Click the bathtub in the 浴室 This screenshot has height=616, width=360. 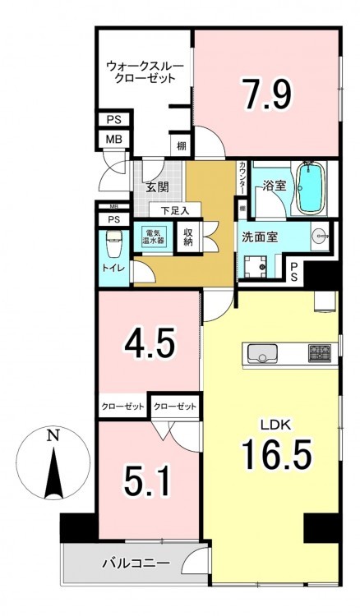click(312, 187)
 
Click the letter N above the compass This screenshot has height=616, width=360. click(52, 434)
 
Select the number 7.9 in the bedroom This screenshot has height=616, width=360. click(267, 94)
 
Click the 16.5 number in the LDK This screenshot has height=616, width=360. click(277, 454)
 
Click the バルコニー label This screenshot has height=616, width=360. click(136, 563)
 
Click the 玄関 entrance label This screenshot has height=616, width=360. click(157, 187)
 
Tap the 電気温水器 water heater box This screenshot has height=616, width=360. click(153, 237)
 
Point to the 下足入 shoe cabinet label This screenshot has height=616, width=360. click(175, 210)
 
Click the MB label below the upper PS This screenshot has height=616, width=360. click(114, 139)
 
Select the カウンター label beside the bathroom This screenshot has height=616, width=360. click(241, 178)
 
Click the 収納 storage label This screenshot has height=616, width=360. click(188, 237)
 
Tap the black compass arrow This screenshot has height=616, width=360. click(53, 474)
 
